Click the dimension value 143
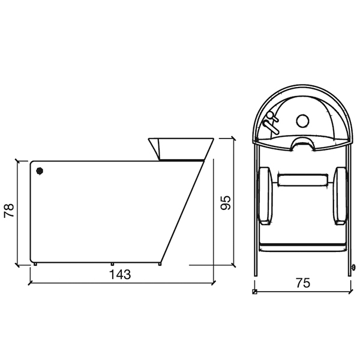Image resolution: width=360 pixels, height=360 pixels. click(120, 274)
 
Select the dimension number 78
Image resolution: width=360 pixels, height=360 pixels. click(10, 211)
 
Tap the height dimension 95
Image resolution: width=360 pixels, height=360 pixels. click(225, 203)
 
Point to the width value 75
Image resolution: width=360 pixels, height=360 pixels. click(303, 283)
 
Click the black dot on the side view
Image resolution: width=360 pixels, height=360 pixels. click(40, 171)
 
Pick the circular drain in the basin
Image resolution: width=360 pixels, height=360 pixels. click(302, 121)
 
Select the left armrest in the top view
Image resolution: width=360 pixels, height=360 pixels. click(266, 196)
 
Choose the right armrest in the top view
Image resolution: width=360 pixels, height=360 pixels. click(340, 196)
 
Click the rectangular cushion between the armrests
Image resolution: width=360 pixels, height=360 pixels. click(303, 180)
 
